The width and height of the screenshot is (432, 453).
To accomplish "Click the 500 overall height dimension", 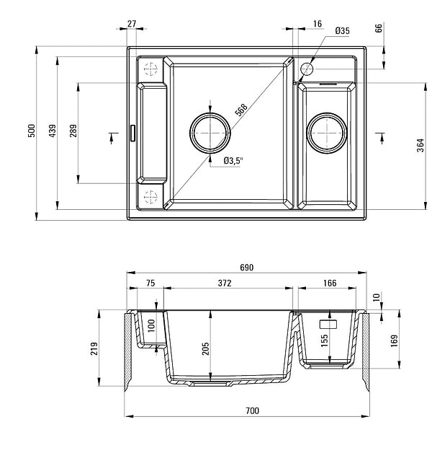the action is [x=32, y=131].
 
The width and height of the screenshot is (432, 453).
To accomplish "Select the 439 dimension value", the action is [x=52, y=131].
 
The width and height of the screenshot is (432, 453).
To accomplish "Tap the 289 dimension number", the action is [x=73, y=131].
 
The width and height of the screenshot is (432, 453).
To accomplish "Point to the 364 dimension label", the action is [x=420, y=145].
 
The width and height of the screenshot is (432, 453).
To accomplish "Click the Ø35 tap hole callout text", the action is [x=342, y=30].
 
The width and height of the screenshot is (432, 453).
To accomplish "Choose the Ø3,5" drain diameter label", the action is [x=233, y=161].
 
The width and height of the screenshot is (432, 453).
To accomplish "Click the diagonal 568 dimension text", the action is [x=241, y=110].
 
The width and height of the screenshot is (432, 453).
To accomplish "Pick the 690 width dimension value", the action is [x=247, y=268].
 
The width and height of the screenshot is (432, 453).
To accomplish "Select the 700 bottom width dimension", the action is [x=252, y=410].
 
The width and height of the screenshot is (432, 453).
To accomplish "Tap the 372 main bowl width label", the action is [x=225, y=283].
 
